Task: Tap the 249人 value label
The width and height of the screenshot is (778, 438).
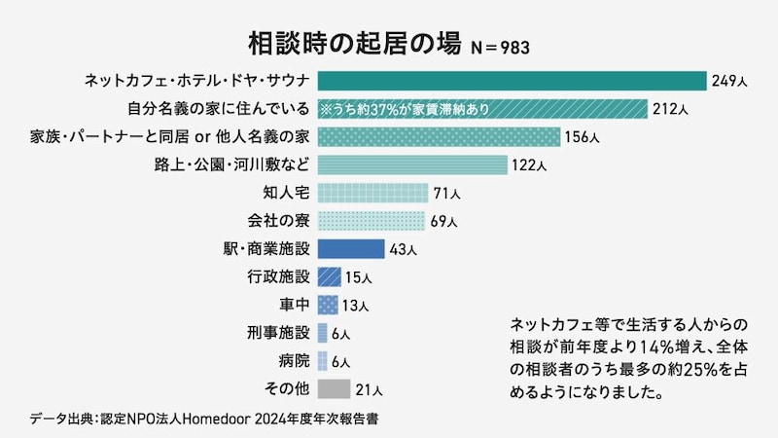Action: [726, 81]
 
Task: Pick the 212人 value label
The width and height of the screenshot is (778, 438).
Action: [670, 108]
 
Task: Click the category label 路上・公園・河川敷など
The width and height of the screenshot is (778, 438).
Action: [233, 164]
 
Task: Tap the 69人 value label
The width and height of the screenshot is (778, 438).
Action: [443, 221]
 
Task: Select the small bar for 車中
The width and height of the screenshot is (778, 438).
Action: [328, 305]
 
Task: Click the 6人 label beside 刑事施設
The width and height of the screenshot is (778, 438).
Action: [340, 334]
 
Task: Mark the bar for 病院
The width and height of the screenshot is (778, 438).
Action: [322, 361]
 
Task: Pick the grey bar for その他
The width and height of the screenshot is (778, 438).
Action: [334, 389]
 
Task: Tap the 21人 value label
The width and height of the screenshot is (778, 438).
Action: [370, 390]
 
